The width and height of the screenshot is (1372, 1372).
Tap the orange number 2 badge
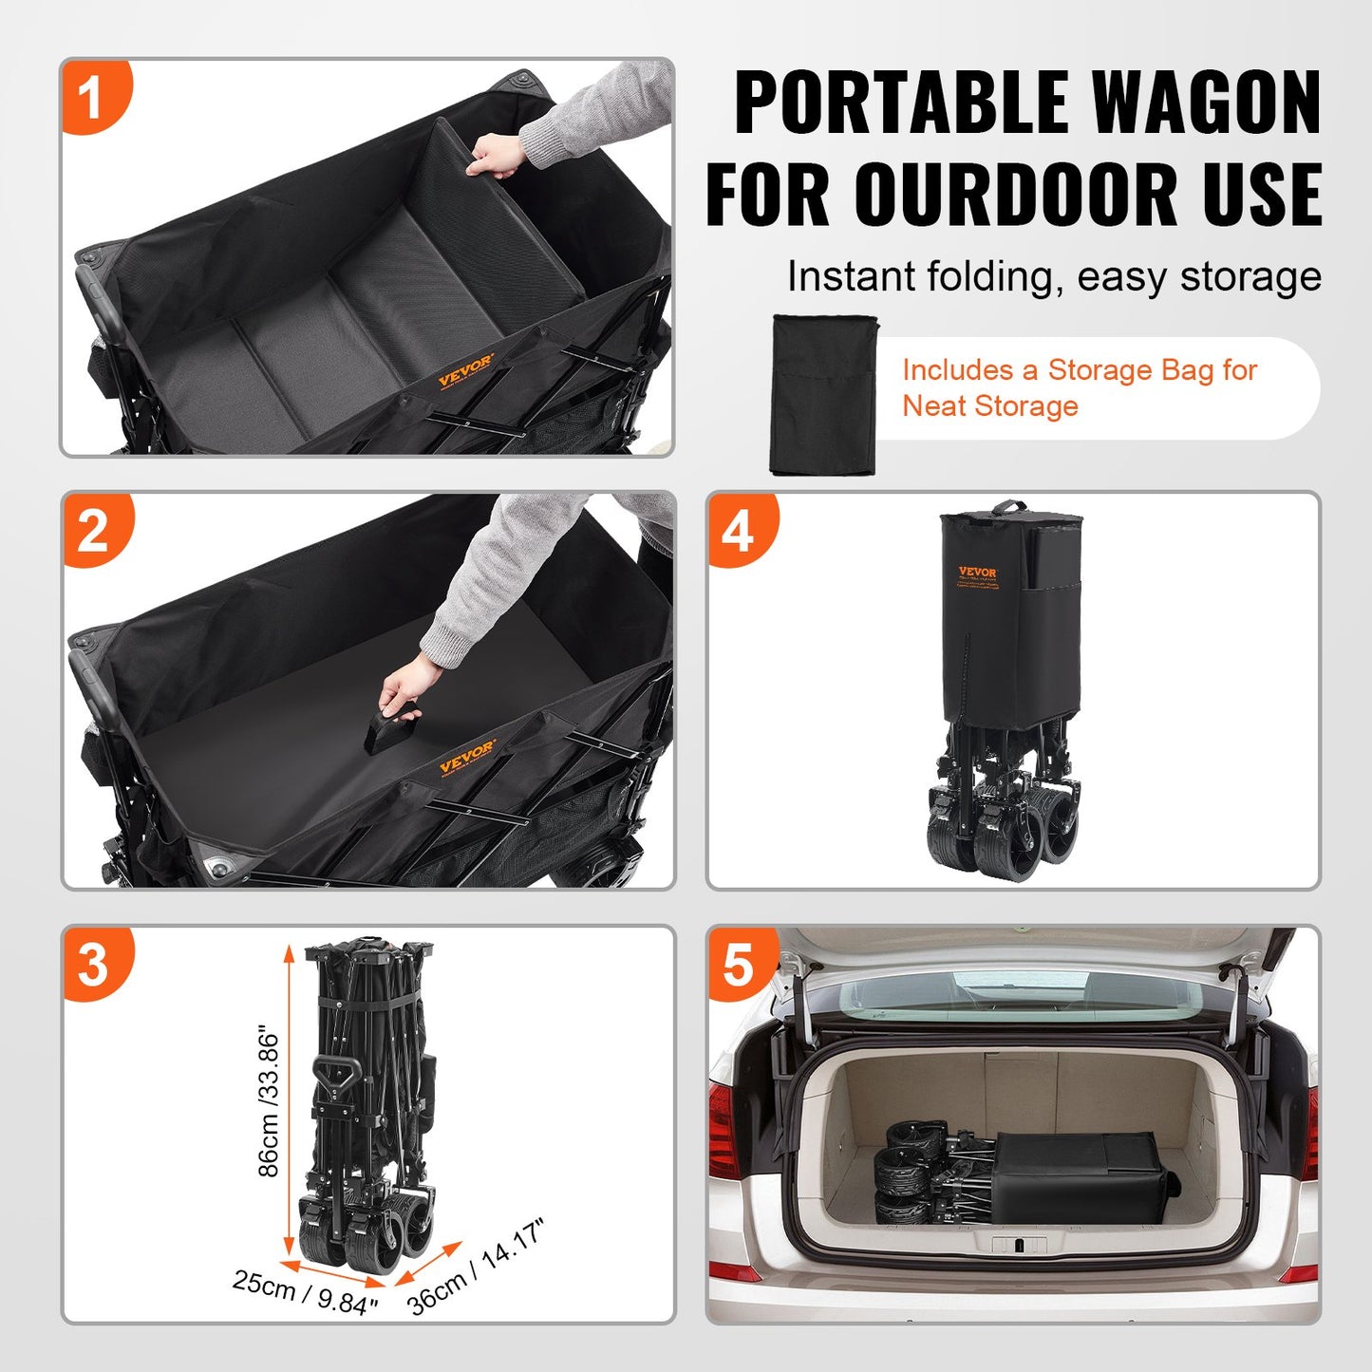tap(92, 530)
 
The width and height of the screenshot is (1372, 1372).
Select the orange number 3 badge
tap(92, 964)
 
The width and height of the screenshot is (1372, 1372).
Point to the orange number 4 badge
tap(738, 530)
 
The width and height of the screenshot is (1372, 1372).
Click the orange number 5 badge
tap(738, 964)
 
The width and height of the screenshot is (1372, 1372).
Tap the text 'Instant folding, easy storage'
tap(1054, 277)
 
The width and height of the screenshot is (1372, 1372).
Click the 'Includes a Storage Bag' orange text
tap(1080, 370)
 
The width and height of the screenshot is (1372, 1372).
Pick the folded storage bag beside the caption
tap(822, 394)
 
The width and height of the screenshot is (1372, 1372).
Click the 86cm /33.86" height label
tap(269, 1101)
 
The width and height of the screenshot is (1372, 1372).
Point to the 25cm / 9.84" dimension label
tap(306, 1293)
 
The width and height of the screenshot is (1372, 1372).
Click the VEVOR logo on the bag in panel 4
tap(977, 573)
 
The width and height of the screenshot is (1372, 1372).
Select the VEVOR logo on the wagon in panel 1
tap(465, 369)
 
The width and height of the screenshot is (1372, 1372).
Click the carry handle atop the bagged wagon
tap(1008, 508)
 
